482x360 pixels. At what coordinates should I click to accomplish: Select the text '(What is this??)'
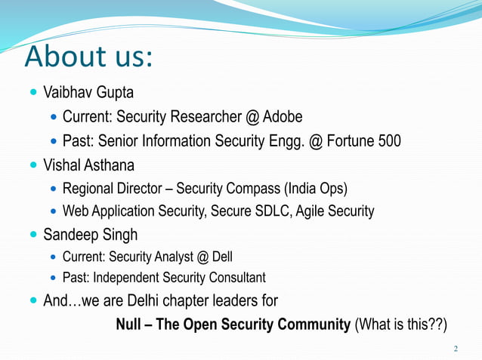[401, 325]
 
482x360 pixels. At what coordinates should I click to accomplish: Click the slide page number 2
[456, 349]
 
